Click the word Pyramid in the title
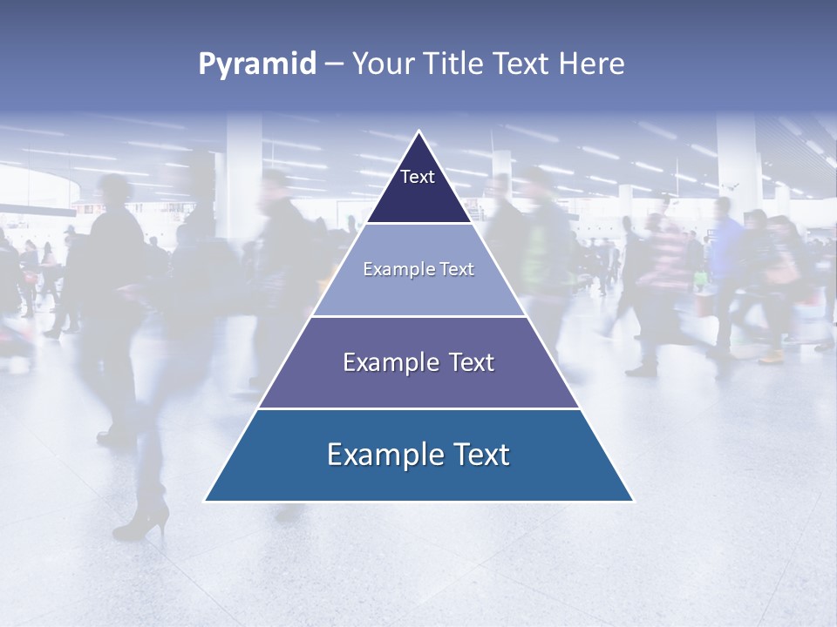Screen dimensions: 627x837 256,64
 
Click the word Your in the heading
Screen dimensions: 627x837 384,64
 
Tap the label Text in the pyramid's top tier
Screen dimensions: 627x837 418,177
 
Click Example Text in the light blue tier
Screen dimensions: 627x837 418,269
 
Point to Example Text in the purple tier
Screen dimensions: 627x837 418,362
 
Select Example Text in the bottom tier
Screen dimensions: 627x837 418,455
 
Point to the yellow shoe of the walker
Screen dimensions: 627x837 771,356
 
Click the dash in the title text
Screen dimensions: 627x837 334,64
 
